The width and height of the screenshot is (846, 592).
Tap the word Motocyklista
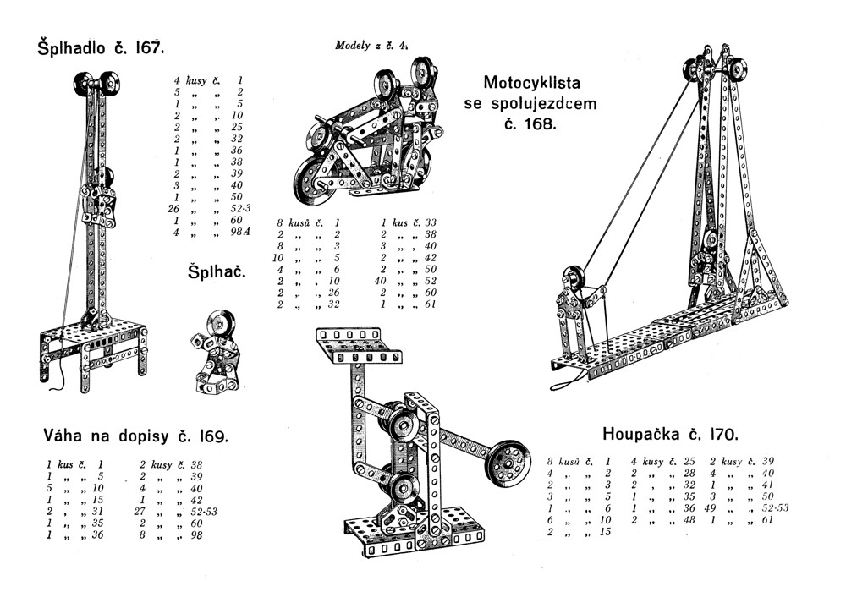(531, 84)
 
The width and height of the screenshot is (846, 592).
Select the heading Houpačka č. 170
(671, 435)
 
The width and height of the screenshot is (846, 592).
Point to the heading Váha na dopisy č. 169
(135, 436)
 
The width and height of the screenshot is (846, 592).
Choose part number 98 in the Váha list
(196, 534)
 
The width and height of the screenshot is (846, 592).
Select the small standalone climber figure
(214, 352)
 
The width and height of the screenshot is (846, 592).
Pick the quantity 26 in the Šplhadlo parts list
(177, 208)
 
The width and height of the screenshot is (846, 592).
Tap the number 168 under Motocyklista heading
(538, 123)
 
